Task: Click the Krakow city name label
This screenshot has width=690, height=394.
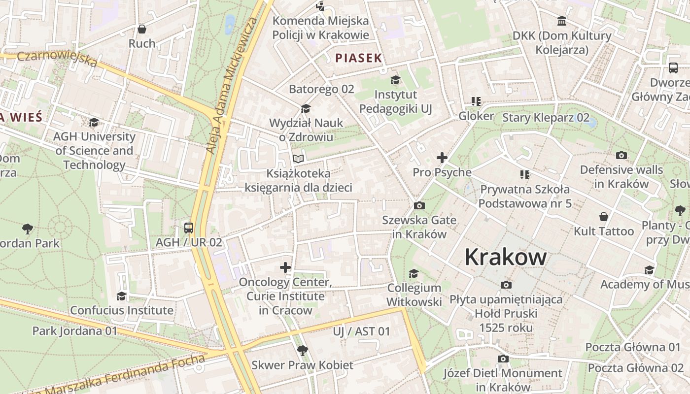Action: (x=505, y=257)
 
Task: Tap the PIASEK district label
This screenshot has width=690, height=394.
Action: (x=359, y=58)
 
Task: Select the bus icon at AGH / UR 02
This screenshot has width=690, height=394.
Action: (x=188, y=228)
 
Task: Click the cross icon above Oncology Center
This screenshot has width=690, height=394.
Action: (x=285, y=267)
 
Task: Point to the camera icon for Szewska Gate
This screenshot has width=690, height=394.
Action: (x=419, y=205)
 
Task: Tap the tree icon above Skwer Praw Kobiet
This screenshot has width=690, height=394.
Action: (x=302, y=350)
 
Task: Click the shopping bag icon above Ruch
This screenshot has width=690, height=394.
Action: (x=142, y=29)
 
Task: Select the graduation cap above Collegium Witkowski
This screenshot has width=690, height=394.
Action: (x=414, y=273)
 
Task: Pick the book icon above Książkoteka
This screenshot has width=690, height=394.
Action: (x=298, y=159)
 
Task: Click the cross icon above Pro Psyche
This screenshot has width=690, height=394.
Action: (x=442, y=158)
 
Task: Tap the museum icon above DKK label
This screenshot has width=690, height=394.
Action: (x=561, y=21)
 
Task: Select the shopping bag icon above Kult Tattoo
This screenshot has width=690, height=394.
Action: (x=604, y=217)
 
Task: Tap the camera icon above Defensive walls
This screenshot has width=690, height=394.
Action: (x=621, y=156)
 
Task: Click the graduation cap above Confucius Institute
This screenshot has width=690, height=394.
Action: (x=121, y=296)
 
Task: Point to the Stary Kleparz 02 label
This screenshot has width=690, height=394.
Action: (x=546, y=117)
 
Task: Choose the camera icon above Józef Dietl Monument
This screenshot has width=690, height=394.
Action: (x=503, y=359)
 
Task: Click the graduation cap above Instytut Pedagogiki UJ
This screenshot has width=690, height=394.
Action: (x=395, y=80)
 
